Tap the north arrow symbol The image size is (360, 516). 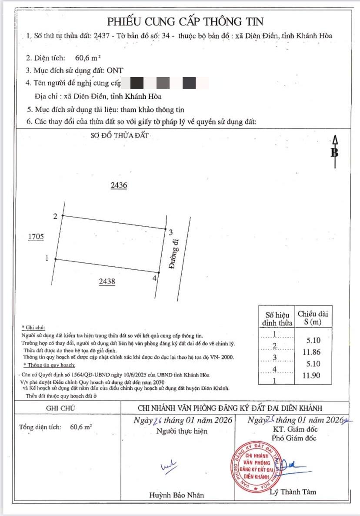point(335,152)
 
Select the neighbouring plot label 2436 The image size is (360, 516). point(119,185)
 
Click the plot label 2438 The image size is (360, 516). point(107,281)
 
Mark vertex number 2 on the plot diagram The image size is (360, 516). point(55,216)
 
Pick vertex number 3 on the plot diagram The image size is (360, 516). point(171,231)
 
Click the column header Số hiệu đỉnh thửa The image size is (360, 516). point(276,318)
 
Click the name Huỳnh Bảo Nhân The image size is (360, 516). point(176,495)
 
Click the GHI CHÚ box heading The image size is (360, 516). point(60,408)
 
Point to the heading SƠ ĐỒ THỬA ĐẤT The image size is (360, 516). point(120,135)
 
